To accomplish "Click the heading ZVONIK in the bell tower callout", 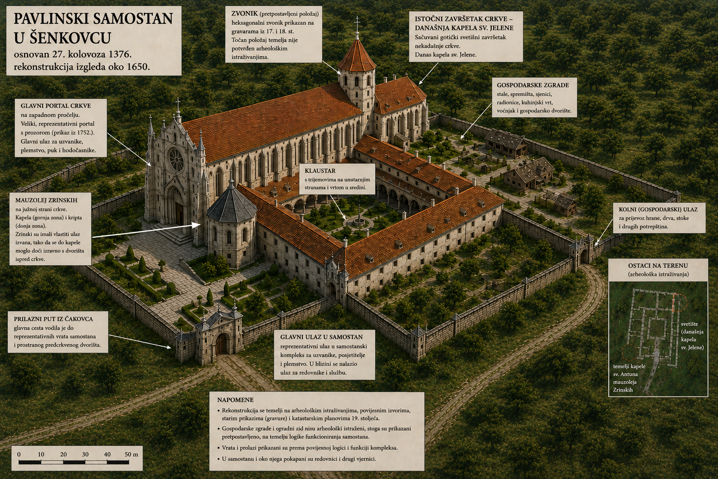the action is (x=244, y=14).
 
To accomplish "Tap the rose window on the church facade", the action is (x=177, y=160).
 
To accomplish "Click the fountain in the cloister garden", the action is (x=359, y=221).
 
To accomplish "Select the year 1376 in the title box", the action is (x=120, y=54).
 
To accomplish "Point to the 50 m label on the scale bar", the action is (x=131, y=454).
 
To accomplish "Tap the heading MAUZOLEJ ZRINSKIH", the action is (x=46, y=200).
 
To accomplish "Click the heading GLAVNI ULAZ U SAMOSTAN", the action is (x=322, y=337).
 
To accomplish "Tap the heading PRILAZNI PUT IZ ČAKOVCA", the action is (x=53, y=319).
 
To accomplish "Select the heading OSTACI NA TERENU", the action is (x=658, y=266).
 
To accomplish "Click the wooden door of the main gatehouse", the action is (x=221, y=344).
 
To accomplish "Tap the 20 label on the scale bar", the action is (x=63, y=454).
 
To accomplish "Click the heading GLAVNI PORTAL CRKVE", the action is (x=56, y=106).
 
